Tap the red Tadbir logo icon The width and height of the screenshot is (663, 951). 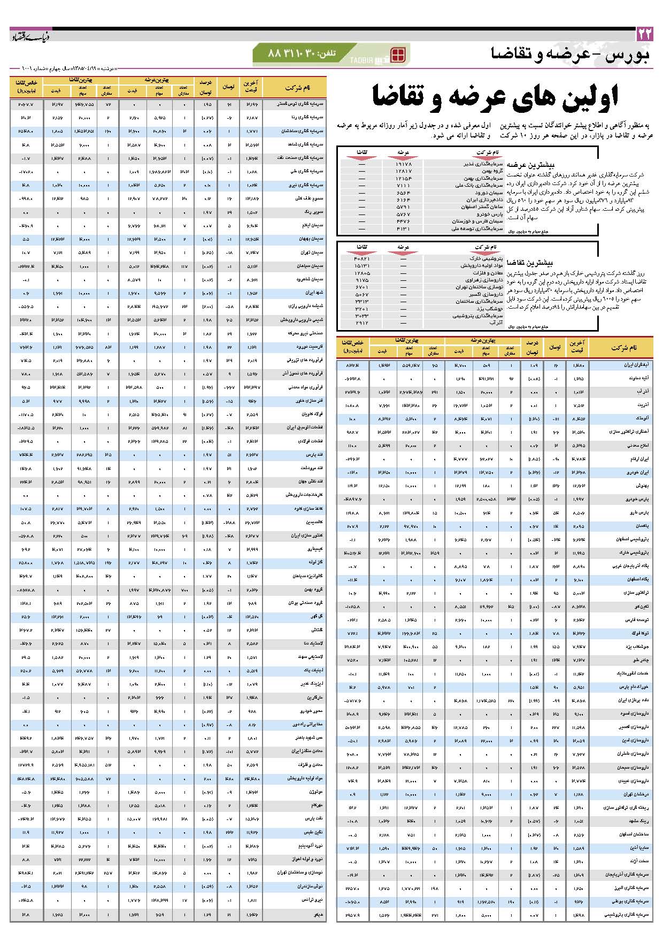tap(398, 55)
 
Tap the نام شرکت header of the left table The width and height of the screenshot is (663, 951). tap(297, 87)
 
